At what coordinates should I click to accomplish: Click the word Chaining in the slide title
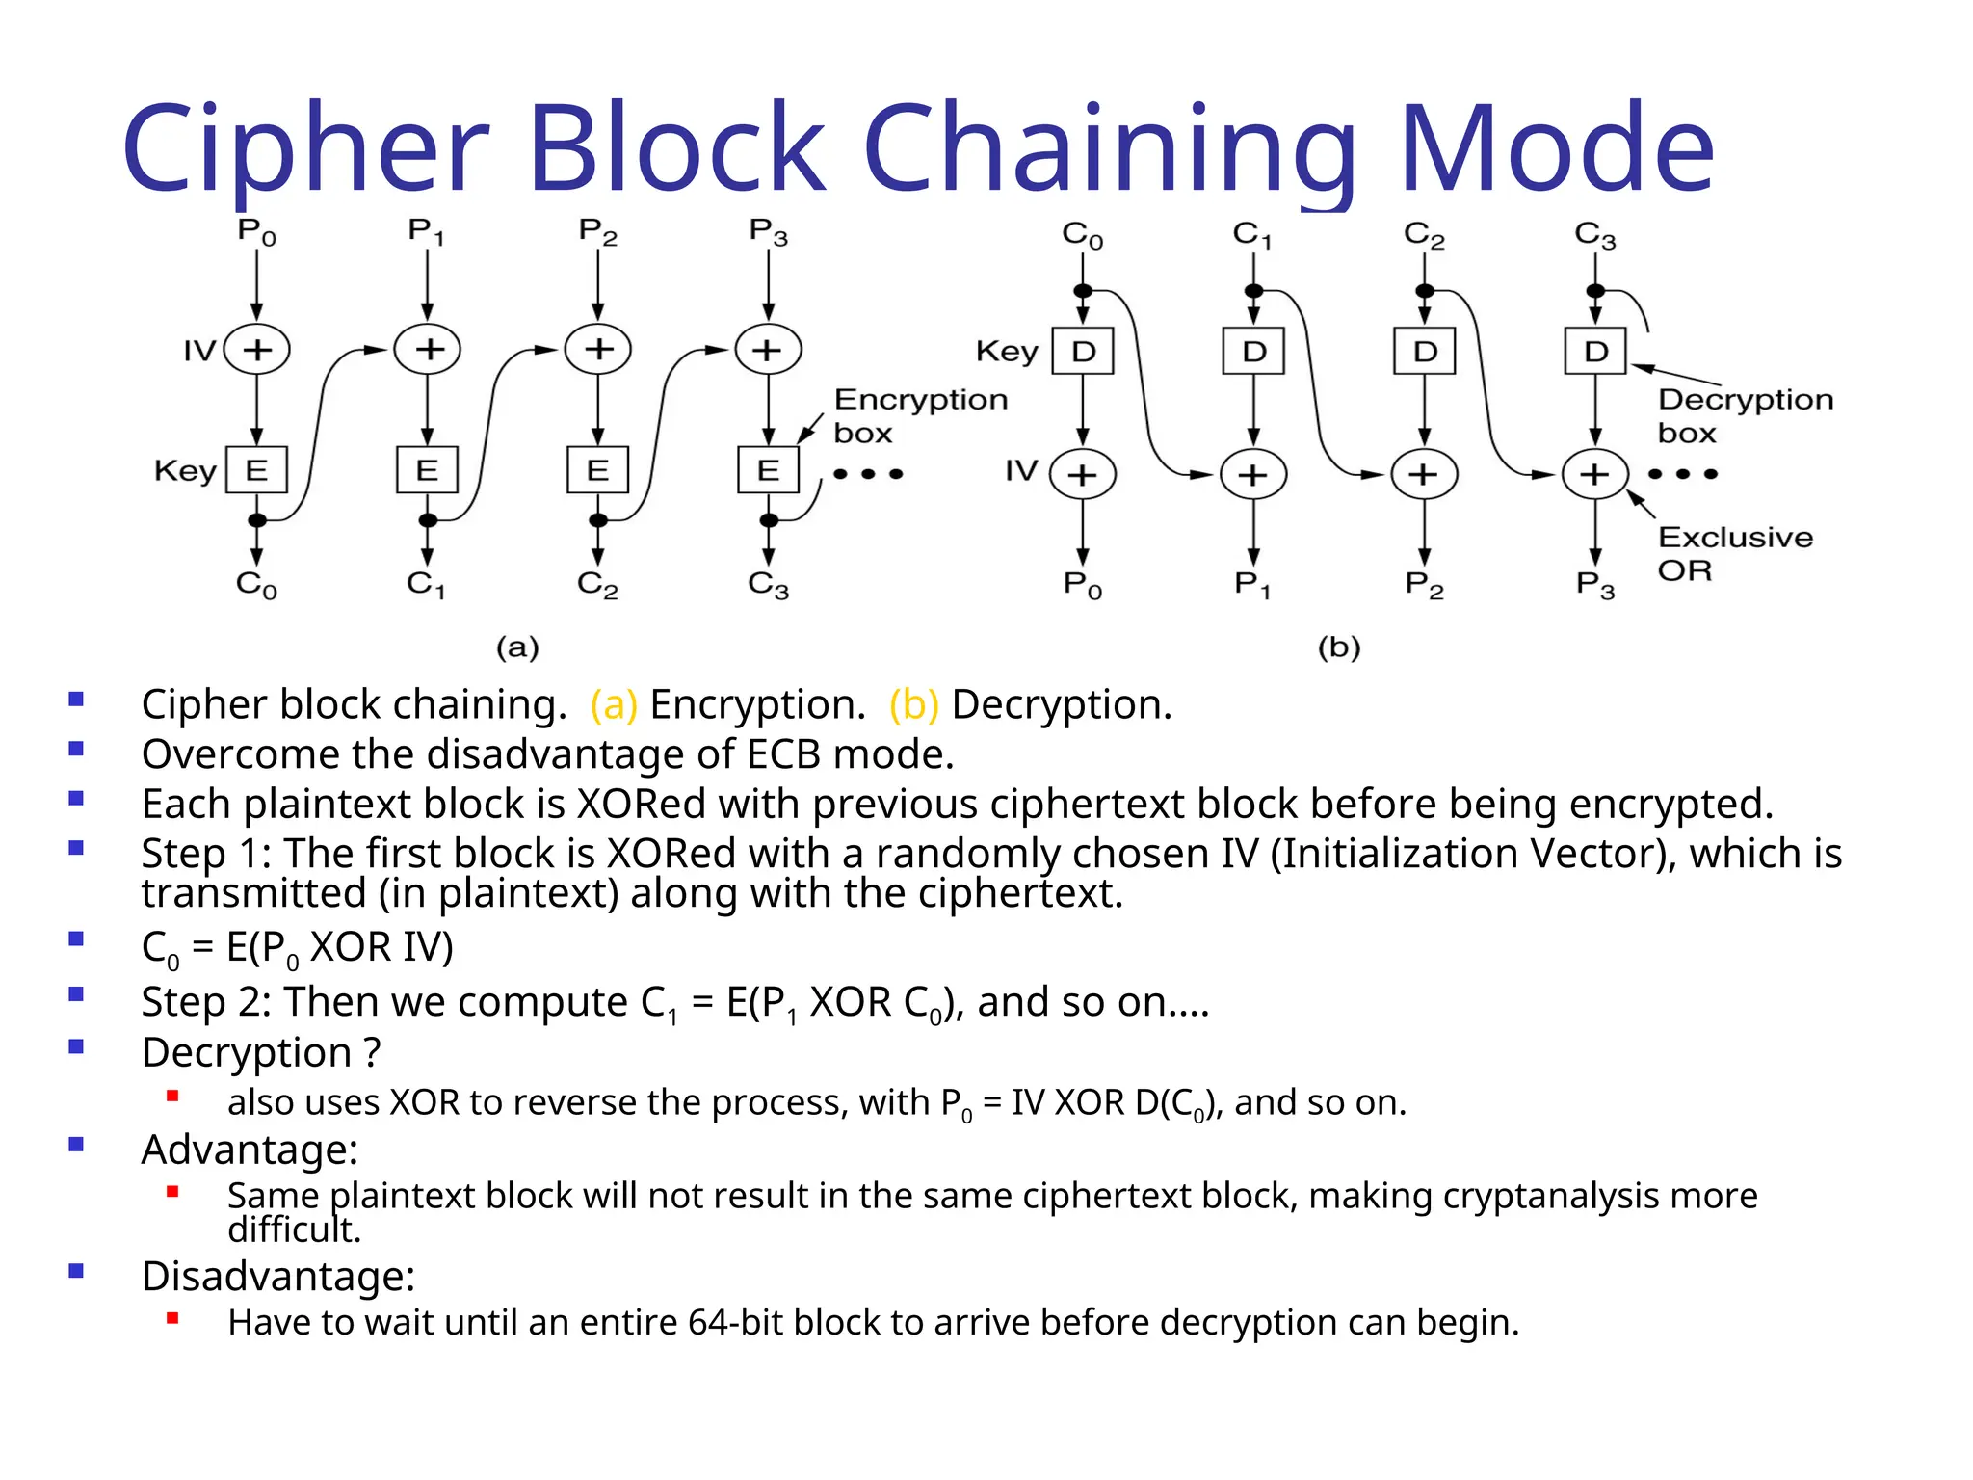click(1108, 149)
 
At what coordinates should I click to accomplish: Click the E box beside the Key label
click(256, 470)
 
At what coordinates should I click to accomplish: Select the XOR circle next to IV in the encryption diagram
click(256, 349)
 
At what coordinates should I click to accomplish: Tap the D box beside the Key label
click(1083, 351)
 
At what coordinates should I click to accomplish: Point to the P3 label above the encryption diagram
click(768, 232)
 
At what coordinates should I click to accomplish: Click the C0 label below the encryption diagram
click(256, 585)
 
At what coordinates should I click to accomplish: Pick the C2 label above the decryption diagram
click(1424, 234)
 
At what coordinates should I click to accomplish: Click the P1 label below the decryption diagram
click(1252, 585)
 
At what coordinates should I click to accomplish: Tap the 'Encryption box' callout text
click(920, 415)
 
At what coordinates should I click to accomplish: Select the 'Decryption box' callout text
click(1745, 415)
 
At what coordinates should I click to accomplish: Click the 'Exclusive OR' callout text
click(1734, 553)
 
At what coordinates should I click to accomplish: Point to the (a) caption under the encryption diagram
click(517, 647)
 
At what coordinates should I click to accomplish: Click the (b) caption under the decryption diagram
click(1339, 647)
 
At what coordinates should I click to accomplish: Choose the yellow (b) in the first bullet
click(913, 704)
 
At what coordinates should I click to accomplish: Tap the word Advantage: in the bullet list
click(250, 1150)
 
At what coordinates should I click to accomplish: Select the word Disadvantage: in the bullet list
click(278, 1276)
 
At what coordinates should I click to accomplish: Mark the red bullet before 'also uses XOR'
click(173, 1096)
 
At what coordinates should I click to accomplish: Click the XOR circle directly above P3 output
click(1595, 474)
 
